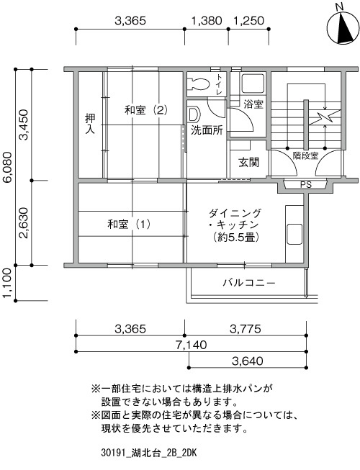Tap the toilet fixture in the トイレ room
coord(198,83)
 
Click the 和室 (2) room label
coord(146,110)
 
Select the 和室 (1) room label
coord(129,224)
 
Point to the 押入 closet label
coord(90,124)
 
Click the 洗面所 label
coord(207,130)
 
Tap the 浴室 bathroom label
coord(253,104)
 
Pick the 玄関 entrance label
coord(249,162)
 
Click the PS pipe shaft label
coord(306,185)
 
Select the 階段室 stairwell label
coord(305,155)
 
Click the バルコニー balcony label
coord(249,283)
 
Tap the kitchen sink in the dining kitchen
coord(294,234)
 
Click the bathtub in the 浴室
coord(253,83)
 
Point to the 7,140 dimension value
coord(192,345)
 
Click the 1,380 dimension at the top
coord(207,21)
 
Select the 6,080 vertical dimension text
coord(8,167)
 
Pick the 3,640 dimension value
coord(248,361)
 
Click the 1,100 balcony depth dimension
coord(8,284)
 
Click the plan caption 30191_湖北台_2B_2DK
coord(148,453)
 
